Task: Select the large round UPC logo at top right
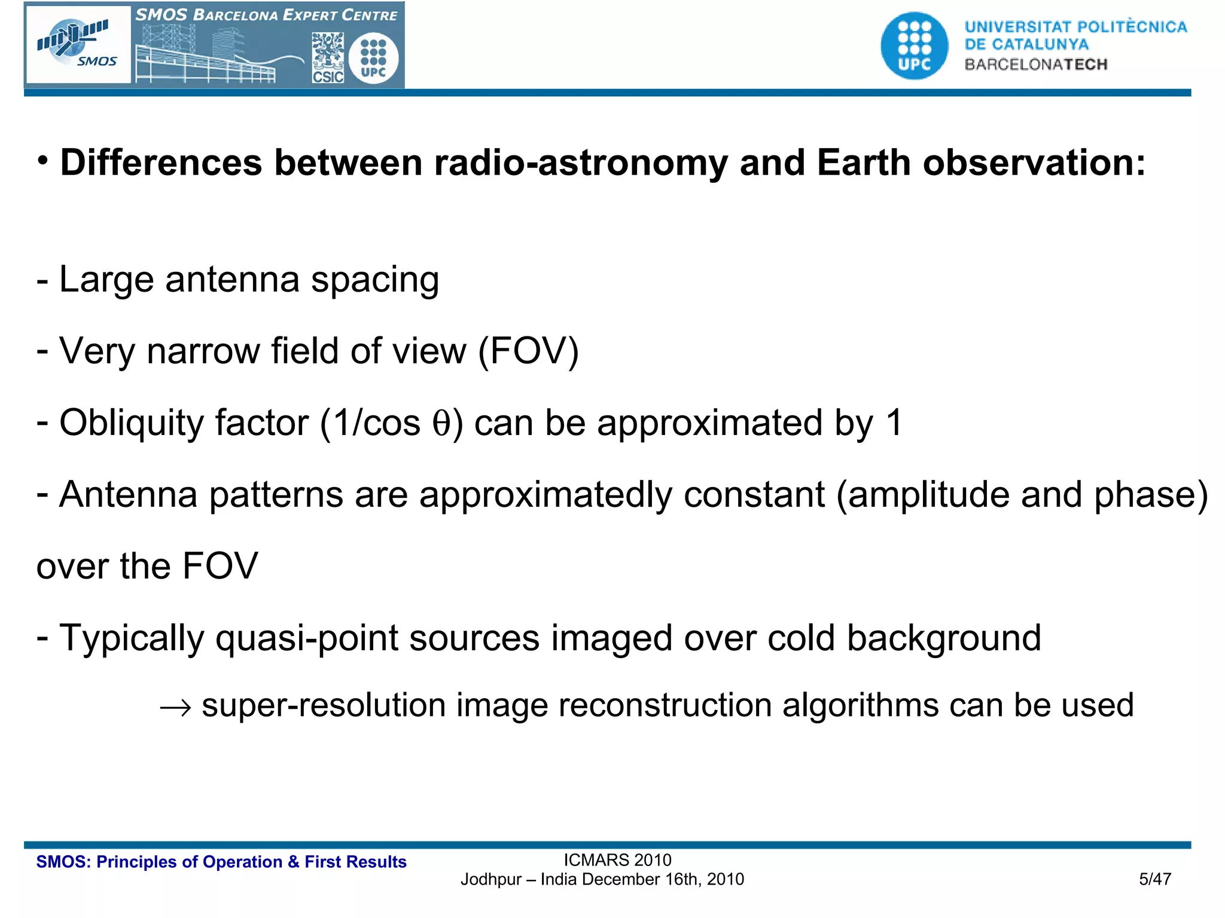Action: pyautogui.click(x=914, y=45)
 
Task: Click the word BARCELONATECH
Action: pyautogui.click(x=1036, y=65)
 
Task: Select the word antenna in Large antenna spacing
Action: pyautogui.click(x=232, y=280)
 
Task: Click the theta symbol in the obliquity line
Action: pyautogui.click(x=441, y=424)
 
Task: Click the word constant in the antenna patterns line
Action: pyautogui.click(x=754, y=495)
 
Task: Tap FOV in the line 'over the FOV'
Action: pyautogui.click(x=220, y=566)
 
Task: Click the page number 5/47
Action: pyautogui.click(x=1154, y=879)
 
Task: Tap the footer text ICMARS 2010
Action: pyautogui.click(x=617, y=860)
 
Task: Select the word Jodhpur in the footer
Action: pyautogui.click(x=490, y=880)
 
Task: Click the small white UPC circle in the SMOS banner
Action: pyautogui.click(x=373, y=58)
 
